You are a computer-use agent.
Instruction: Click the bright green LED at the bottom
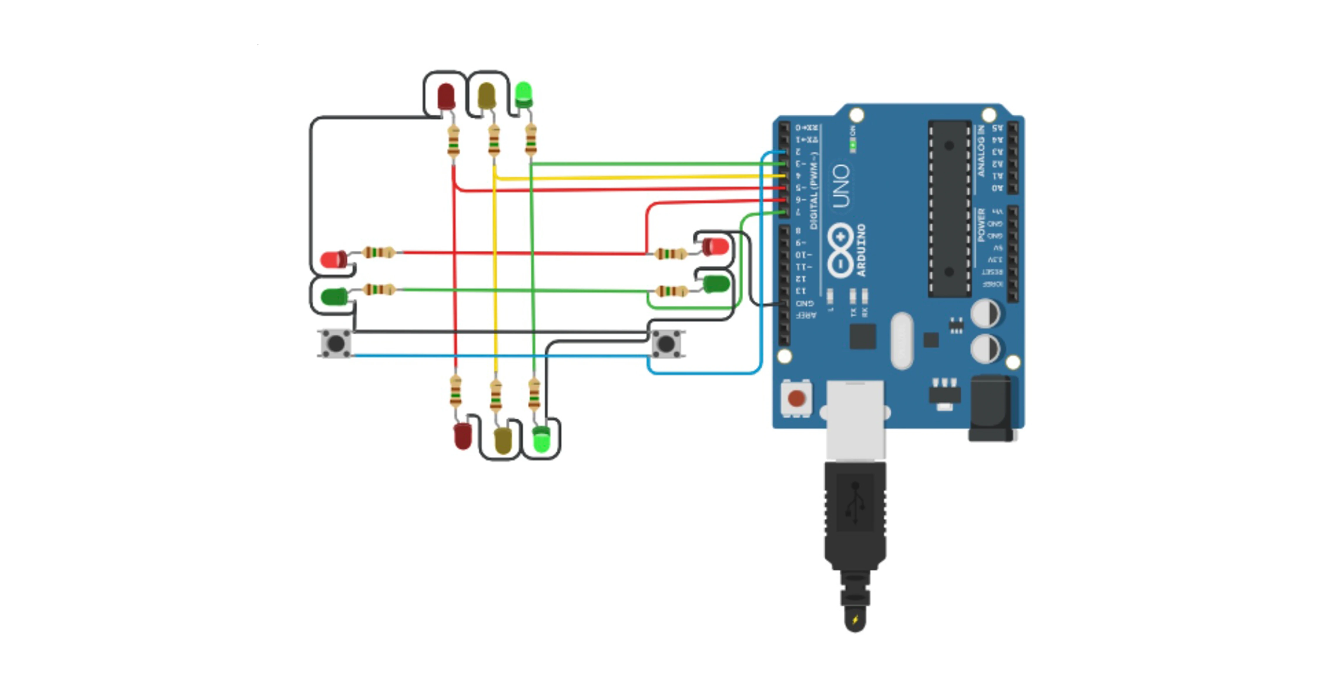(x=541, y=440)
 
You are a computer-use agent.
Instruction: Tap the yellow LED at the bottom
(x=502, y=440)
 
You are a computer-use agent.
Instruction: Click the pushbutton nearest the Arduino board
(x=666, y=343)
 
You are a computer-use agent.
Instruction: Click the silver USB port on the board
(x=855, y=419)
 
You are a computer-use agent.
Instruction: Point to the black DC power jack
(x=991, y=409)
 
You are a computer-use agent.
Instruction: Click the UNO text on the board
(x=841, y=186)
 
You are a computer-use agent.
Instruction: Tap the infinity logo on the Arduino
(x=841, y=251)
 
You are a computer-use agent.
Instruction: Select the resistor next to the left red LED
(x=379, y=253)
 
